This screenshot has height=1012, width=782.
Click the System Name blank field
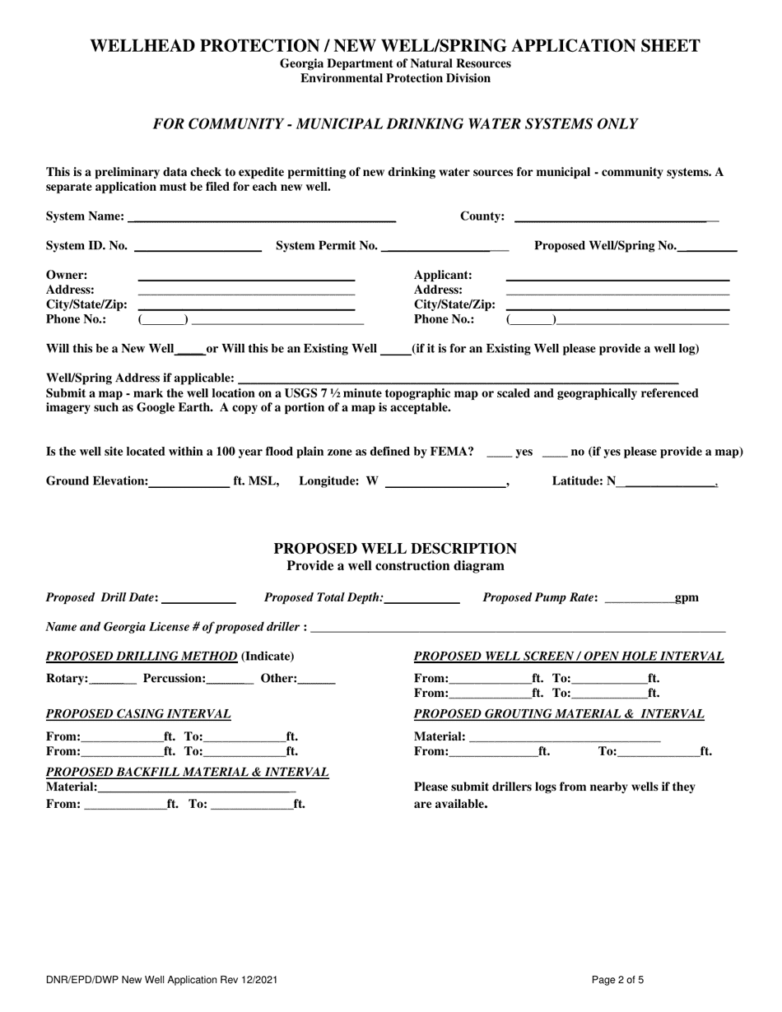262,217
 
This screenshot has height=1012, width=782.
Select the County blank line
614,217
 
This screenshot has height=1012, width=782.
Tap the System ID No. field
198,246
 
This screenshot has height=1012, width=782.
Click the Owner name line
245,276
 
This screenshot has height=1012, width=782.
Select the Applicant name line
617,276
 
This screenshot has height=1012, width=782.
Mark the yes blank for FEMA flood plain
499,453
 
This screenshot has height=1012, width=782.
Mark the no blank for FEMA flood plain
554,453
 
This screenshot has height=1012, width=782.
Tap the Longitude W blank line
445,482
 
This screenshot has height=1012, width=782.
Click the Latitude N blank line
670,482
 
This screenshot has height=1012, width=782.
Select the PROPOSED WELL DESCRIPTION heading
395,549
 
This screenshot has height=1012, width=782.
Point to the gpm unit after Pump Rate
687,598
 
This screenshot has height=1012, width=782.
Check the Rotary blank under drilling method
112,680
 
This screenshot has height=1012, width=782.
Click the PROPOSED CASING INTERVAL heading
138,714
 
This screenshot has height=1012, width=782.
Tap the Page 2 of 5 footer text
617,980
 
